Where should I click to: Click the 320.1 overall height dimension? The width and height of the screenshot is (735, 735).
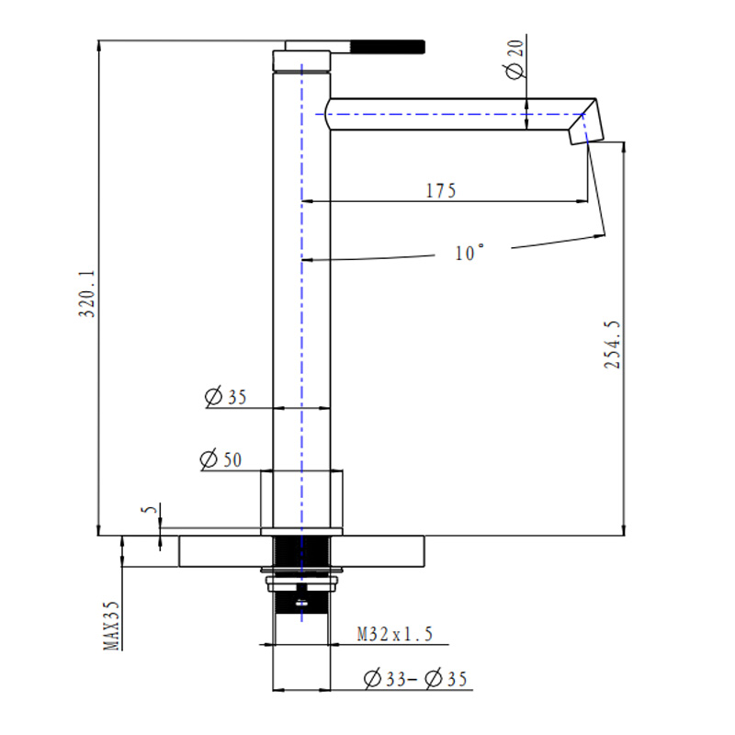click(x=87, y=293)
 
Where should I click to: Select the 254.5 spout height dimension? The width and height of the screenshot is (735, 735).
click(x=613, y=345)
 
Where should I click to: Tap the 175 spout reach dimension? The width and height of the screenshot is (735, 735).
click(x=441, y=190)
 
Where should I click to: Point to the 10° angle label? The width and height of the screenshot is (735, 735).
click(x=469, y=253)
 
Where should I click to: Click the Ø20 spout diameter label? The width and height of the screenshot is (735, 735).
click(x=514, y=59)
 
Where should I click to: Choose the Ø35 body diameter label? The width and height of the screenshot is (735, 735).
click(x=226, y=398)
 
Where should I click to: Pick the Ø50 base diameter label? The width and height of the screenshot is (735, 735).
click(x=220, y=459)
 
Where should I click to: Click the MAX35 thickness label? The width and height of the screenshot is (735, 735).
click(x=111, y=625)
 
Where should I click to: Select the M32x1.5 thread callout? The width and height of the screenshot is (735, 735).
click(x=394, y=633)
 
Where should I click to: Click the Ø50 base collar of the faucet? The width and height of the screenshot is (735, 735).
click(x=301, y=502)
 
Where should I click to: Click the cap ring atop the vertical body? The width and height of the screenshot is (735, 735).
click(x=301, y=62)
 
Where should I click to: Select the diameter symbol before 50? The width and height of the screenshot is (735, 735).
click(x=209, y=459)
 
